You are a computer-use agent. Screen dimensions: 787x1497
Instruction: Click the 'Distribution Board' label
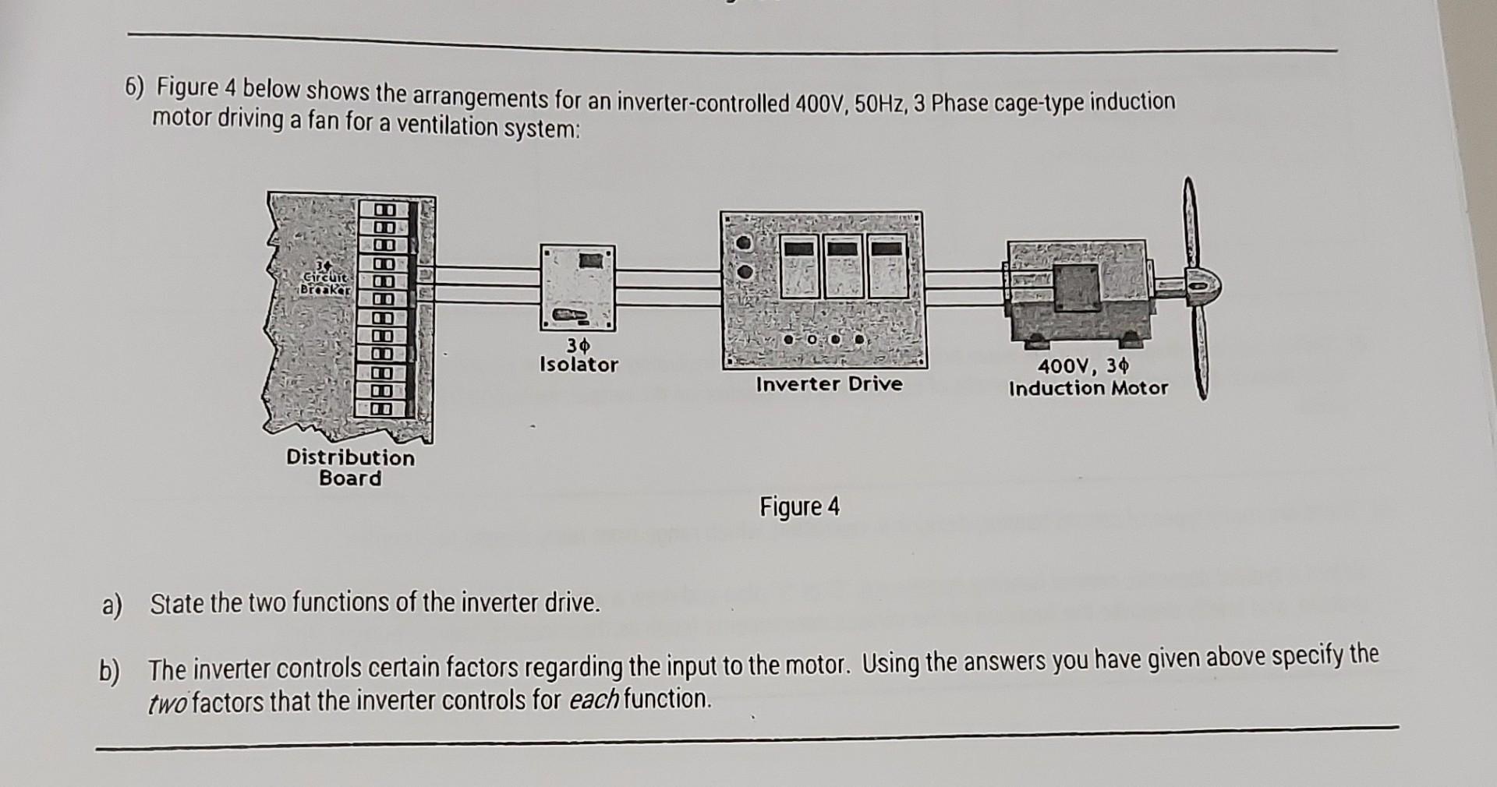click(350, 468)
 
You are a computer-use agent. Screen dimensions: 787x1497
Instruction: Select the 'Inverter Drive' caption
click(829, 383)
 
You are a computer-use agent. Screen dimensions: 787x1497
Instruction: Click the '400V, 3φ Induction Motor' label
click(1088, 377)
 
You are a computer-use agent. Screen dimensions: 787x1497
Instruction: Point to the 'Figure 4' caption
click(800, 507)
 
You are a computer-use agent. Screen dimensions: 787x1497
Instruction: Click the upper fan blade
click(1190, 226)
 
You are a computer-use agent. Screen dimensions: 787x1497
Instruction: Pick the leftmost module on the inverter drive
click(800, 265)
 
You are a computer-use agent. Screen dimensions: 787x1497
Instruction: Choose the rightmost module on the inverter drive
click(887, 265)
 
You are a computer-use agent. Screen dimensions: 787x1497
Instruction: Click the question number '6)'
click(136, 88)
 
